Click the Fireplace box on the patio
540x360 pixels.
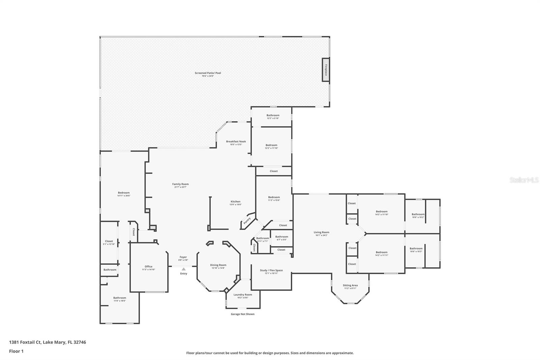pyautogui.click(x=326, y=70)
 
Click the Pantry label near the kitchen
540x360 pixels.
pyautogui.click(x=247, y=221)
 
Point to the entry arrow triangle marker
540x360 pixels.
pyautogui.click(x=183, y=269)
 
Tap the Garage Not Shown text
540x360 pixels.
pyautogui.click(x=242, y=314)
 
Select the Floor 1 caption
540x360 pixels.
pyautogui.click(x=16, y=351)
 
